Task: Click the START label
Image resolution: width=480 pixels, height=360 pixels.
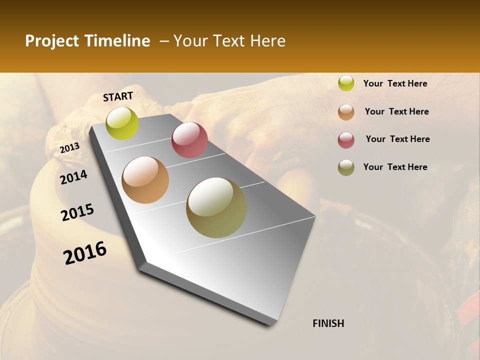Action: pos(118,96)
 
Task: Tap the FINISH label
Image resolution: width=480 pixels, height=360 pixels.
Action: pos(328,323)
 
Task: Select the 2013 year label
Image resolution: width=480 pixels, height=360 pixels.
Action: pos(69,148)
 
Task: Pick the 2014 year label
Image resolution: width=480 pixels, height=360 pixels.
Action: pos(73,177)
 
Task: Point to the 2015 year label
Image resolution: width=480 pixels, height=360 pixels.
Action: pos(77,212)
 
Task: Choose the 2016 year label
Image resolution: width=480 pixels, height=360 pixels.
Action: pos(85,253)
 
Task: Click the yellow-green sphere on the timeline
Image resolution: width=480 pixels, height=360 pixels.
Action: pos(122,123)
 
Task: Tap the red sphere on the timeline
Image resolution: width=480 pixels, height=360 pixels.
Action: pos(189,140)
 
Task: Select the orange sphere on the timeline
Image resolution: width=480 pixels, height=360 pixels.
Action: pos(145,180)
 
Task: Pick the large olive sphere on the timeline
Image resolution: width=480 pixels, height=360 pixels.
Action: pos(216,207)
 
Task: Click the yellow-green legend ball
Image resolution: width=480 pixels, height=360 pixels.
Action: pos(346,83)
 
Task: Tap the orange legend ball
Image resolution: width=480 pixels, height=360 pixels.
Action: pos(346,111)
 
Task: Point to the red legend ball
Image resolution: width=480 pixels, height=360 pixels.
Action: pos(346,139)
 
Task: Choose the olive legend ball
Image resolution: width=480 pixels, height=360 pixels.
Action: pos(346,167)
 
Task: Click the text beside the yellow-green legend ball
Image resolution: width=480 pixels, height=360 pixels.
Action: pos(395,83)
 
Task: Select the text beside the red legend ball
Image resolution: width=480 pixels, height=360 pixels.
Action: pos(397,139)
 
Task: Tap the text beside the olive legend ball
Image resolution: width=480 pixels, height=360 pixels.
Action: pos(395,167)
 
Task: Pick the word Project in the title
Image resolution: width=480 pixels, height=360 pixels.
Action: pos(51,41)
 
